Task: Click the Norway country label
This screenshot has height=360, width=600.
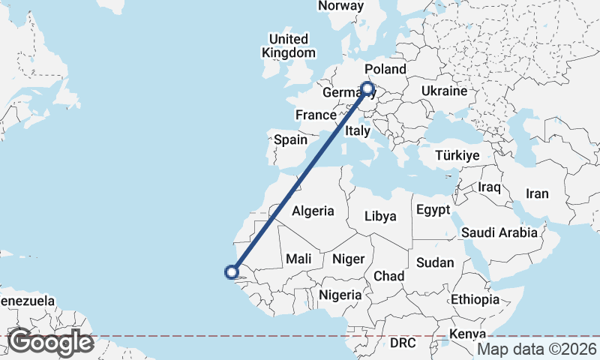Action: (x=340, y=6)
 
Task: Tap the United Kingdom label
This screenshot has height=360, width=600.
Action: (x=289, y=46)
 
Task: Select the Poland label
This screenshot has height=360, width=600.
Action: (x=385, y=69)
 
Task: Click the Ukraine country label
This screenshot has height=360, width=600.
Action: (x=444, y=91)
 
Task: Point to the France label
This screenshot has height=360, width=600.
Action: (x=315, y=115)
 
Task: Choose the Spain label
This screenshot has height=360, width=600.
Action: (x=290, y=139)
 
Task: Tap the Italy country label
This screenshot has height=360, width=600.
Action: (x=358, y=131)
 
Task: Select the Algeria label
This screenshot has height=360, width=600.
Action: (x=313, y=211)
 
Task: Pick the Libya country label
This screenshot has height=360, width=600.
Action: (x=379, y=217)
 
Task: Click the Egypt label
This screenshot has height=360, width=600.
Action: (x=433, y=209)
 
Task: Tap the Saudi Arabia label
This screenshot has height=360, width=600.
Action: (x=499, y=232)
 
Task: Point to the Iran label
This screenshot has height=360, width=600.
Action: (x=537, y=193)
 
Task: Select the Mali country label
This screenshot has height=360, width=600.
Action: (x=298, y=259)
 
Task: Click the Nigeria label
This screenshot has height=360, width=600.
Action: (x=340, y=295)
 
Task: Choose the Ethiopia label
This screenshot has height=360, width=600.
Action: (x=475, y=299)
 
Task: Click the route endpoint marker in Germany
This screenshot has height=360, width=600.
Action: (x=368, y=88)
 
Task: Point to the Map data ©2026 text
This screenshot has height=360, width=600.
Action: (x=537, y=349)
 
